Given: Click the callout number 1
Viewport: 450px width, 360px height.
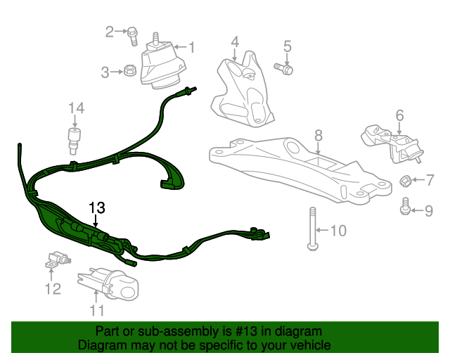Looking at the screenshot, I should coord(190,47).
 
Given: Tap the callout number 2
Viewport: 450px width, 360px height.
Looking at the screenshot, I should coord(110,31).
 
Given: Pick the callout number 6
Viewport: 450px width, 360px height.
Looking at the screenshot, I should coord(399,115).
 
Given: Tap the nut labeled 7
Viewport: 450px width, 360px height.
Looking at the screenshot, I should coord(406,181).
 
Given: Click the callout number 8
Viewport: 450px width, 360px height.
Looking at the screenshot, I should coord(318,134).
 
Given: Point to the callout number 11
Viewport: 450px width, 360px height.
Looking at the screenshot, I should coord(96,310).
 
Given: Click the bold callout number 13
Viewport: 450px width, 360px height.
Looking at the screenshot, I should coord(96,208).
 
